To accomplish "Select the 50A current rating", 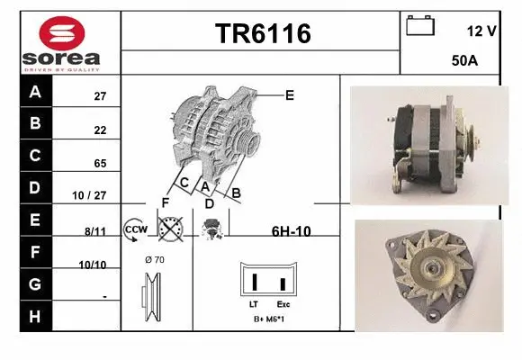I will coord(463,62).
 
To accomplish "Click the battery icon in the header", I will coord(420,26).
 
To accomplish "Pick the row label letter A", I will coord(35,93).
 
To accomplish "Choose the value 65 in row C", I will coord(100,164).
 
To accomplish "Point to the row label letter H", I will coord(35,317).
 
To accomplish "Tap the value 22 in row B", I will coord(100,129).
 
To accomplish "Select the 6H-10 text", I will coord(291,231).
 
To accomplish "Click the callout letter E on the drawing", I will coord(290,94).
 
